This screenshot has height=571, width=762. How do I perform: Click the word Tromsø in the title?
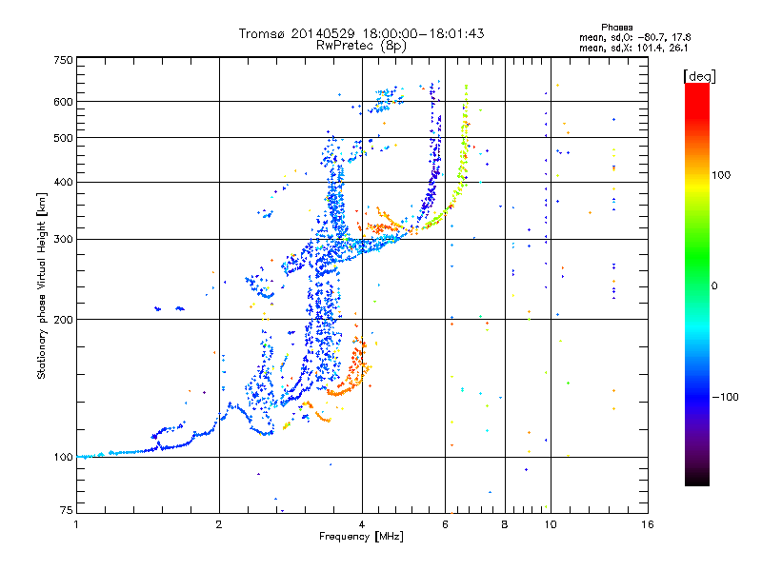tap(262, 33)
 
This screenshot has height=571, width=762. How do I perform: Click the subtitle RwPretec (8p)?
tap(361, 46)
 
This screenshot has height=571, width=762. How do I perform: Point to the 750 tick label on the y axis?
tap(64, 60)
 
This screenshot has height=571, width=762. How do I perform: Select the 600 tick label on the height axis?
tap(64, 102)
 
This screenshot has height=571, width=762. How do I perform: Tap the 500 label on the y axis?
tap(64, 138)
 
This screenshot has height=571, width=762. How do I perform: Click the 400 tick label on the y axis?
tap(64, 182)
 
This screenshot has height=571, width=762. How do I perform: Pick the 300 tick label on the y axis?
tap(64, 240)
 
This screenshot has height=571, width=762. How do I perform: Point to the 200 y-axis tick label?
tap(64, 320)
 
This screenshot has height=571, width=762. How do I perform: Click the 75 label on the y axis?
tap(67, 510)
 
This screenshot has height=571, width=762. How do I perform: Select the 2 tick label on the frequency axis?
tap(219, 524)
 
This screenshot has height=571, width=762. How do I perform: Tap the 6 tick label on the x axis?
tap(445, 524)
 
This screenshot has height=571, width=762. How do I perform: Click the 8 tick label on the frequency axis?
tap(505, 524)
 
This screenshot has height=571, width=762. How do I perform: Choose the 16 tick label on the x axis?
tap(648, 524)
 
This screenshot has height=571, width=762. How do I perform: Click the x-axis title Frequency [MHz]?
tap(361, 537)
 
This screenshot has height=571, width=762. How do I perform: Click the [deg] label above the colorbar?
tap(699, 76)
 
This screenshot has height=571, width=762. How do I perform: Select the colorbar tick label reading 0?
tap(714, 286)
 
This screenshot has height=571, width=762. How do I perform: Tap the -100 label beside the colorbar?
tap(726, 397)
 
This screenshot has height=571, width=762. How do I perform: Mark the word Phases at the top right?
tap(616, 28)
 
